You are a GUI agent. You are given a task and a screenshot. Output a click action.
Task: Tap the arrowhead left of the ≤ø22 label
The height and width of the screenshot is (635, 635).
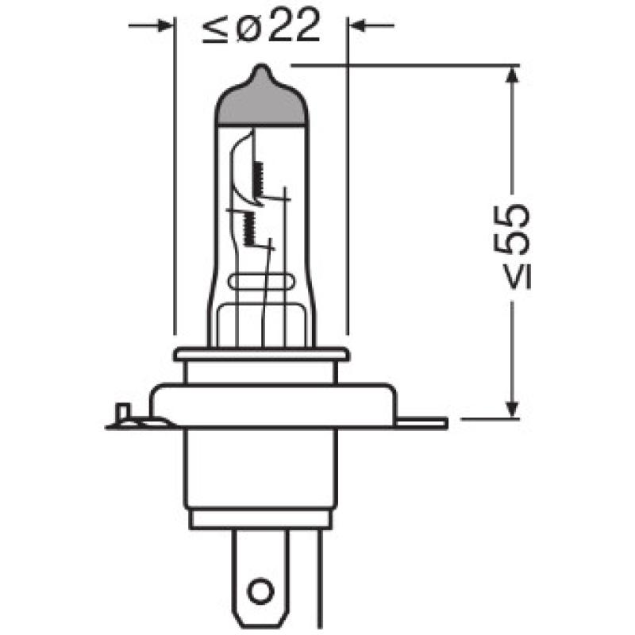[x=164, y=26]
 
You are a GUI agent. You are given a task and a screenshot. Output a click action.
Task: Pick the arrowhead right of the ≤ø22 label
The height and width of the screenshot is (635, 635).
[x=358, y=26]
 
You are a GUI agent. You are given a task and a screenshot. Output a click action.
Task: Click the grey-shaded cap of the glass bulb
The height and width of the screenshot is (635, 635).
[x=261, y=103]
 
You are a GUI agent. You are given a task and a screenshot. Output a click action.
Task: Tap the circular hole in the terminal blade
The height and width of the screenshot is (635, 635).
[x=259, y=590]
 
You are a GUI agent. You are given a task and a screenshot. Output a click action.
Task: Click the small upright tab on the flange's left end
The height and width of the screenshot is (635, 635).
[x=122, y=413]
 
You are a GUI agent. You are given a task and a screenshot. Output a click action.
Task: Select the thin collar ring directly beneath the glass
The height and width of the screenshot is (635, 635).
[x=261, y=354]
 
